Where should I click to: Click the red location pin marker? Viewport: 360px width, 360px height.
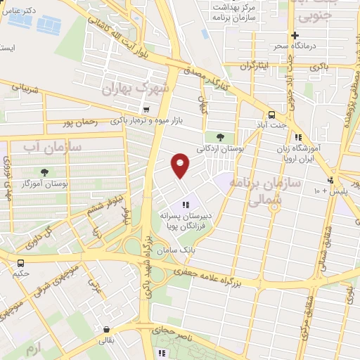tap(180, 165)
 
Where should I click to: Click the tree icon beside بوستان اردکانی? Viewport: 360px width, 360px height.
tap(221, 137)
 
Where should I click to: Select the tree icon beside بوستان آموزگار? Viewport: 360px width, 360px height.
tap(45, 172)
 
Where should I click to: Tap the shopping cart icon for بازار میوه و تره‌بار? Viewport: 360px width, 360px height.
tap(146, 109)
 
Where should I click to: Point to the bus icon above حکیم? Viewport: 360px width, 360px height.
tap(20, 263)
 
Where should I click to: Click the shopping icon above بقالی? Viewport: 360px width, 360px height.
tap(105, 328)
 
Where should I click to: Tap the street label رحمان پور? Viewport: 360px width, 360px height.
tap(77, 122)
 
